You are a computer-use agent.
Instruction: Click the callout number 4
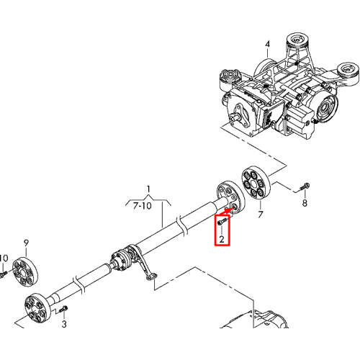click(x=267, y=44)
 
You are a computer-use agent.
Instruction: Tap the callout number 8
click(x=305, y=203)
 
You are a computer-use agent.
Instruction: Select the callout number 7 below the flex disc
click(x=261, y=215)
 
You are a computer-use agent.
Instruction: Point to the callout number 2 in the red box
click(x=222, y=239)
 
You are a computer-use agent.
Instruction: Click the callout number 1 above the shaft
click(x=149, y=189)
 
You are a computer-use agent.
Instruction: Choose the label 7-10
click(x=143, y=206)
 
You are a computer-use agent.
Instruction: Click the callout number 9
click(x=26, y=243)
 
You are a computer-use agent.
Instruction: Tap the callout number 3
click(x=64, y=324)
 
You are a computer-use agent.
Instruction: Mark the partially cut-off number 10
click(x=4, y=258)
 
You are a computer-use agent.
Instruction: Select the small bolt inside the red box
click(x=222, y=221)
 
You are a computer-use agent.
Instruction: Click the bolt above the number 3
click(x=63, y=309)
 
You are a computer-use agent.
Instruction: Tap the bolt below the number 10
click(x=4, y=274)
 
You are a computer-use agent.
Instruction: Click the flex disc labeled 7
click(x=256, y=184)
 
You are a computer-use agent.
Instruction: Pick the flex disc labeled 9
click(x=25, y=272)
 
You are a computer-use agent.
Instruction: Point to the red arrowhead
click(x=228, y=211)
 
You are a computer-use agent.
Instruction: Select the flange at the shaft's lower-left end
click(x=37, y=308)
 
